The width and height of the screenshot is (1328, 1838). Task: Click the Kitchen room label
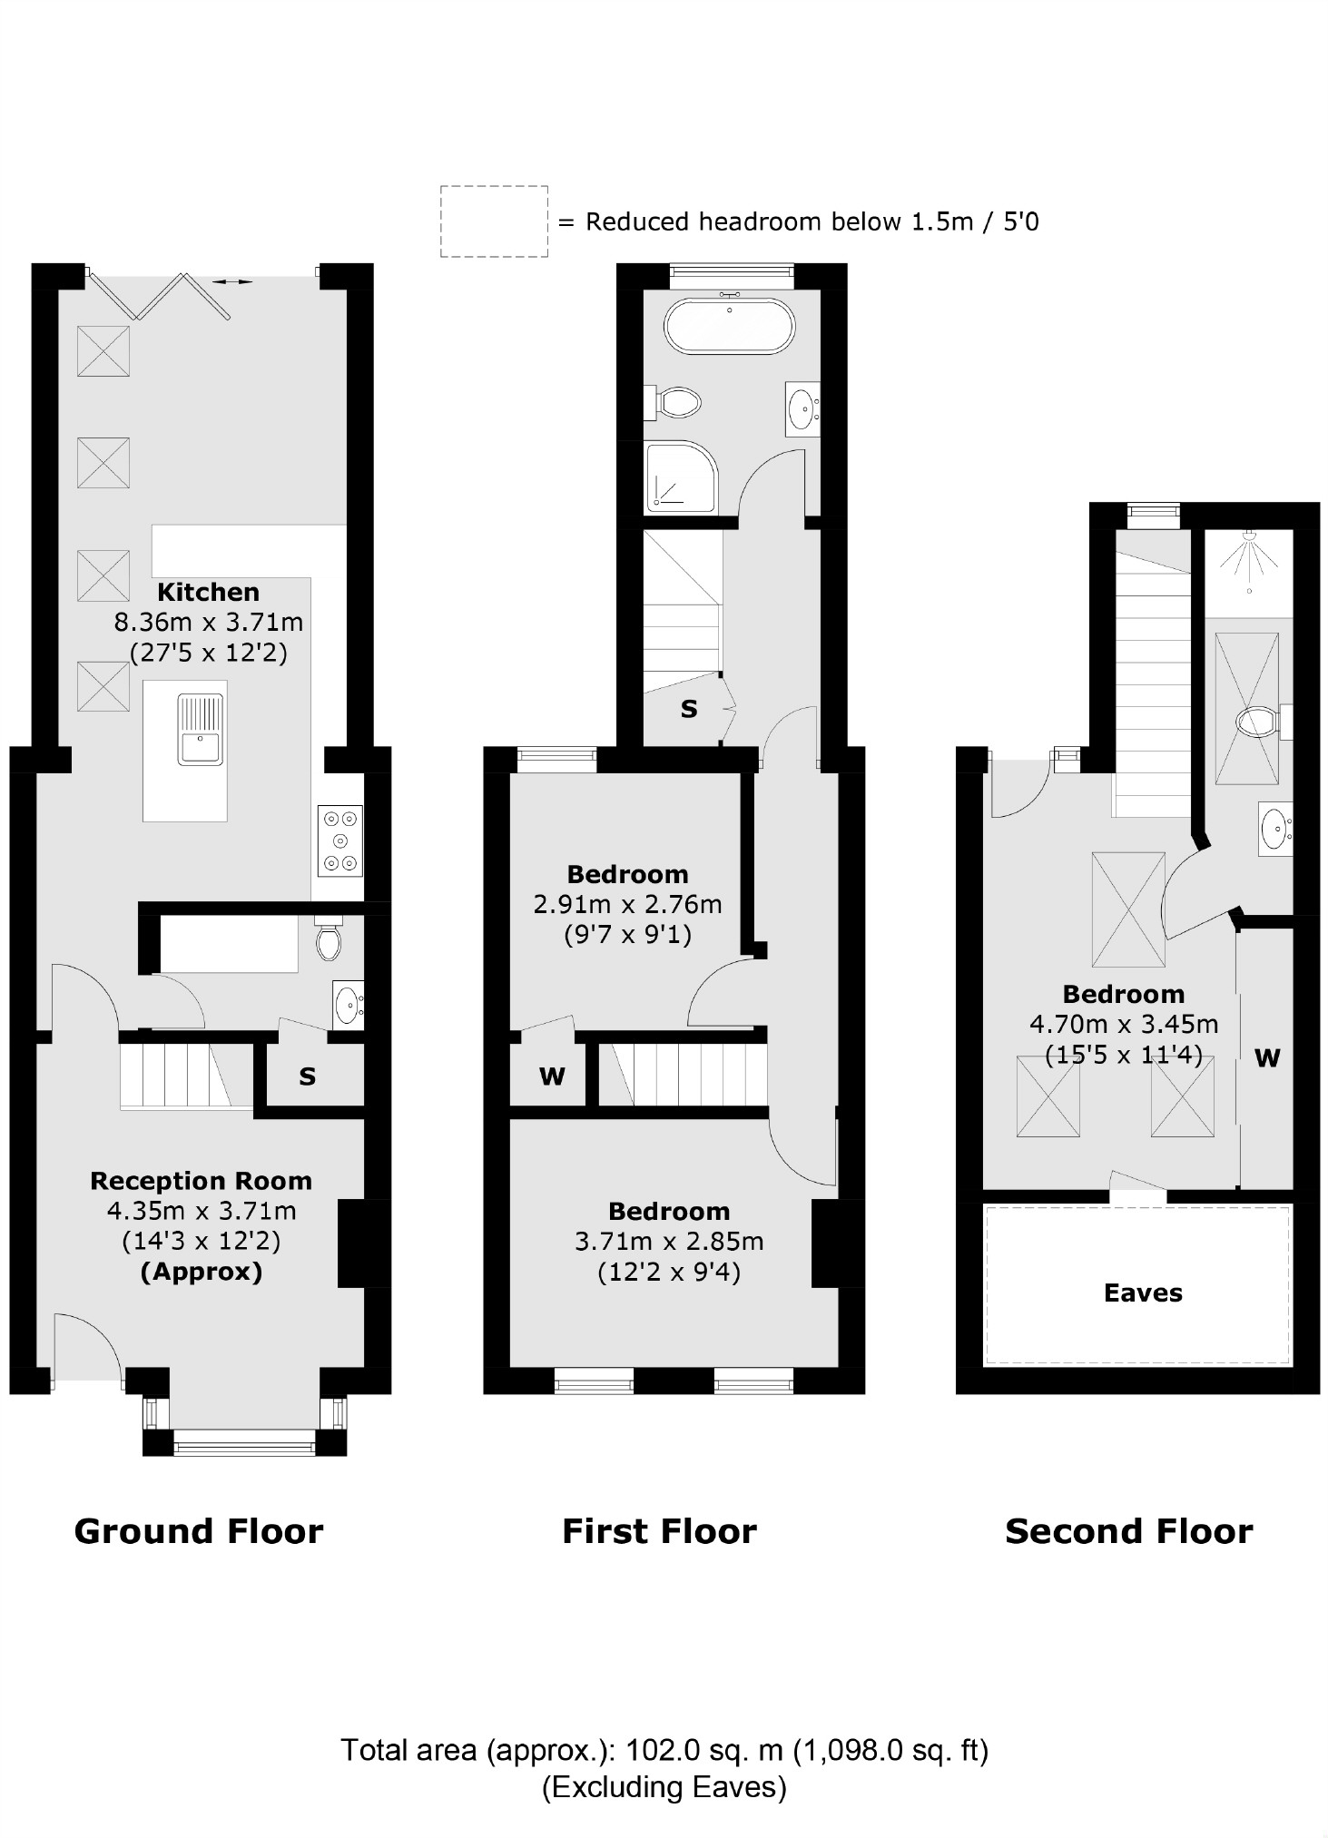[208, 592]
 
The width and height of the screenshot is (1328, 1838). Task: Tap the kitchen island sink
[201, 731]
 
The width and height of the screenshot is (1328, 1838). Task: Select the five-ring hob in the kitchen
[340, 840]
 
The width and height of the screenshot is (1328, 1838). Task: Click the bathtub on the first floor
[729, 327]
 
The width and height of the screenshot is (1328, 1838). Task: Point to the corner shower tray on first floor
[679, 477]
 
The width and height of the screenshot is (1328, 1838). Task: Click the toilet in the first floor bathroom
[675, 402]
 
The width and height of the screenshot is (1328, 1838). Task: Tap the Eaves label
[1142, 1293]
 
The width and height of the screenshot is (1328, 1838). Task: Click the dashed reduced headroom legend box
[494, 221]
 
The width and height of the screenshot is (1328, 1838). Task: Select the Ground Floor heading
[198, 1532]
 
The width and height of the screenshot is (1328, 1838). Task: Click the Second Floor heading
[1128, 1532]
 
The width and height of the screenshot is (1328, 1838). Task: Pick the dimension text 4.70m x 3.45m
[1123, 1025]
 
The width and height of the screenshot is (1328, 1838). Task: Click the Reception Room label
[201, 1181]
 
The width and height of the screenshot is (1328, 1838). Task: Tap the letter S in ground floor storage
[307, 1077]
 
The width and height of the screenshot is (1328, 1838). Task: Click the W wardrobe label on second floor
[1266, 1058]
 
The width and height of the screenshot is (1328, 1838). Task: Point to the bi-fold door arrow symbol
[233, 282]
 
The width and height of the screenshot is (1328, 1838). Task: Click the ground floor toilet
[329, 941]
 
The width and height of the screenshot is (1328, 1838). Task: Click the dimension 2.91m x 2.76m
[627, 905]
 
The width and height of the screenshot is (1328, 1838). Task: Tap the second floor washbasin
[1275, 828]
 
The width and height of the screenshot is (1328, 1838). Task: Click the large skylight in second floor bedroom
[1127, 909]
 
